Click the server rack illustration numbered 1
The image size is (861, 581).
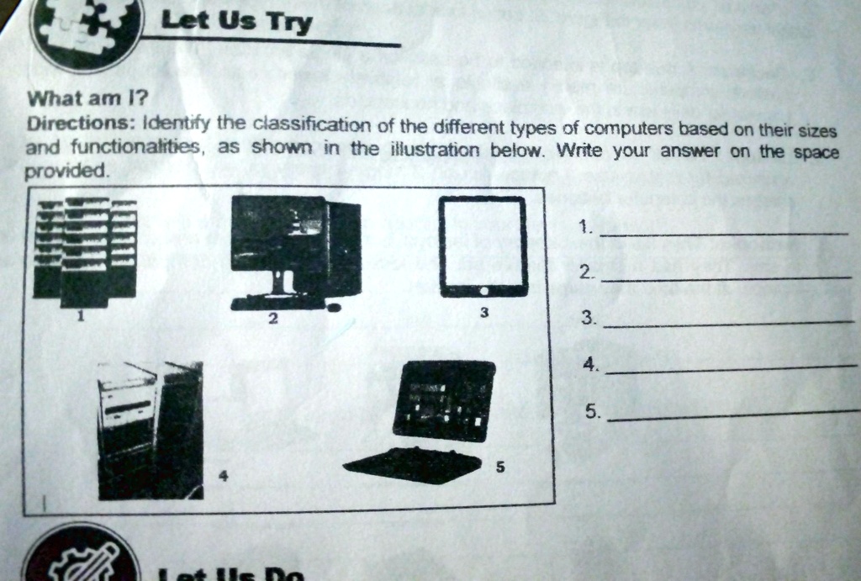pos(84,251)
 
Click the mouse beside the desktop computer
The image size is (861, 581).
pos(334,307)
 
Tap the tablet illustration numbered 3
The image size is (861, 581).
pos(483,245)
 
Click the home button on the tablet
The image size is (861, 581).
pos(483,290)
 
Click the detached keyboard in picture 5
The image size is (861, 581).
pos(412,464)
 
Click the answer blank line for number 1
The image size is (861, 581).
pos(723,232)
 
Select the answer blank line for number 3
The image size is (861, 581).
pos(728,323)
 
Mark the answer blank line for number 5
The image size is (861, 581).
pos(732,415)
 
